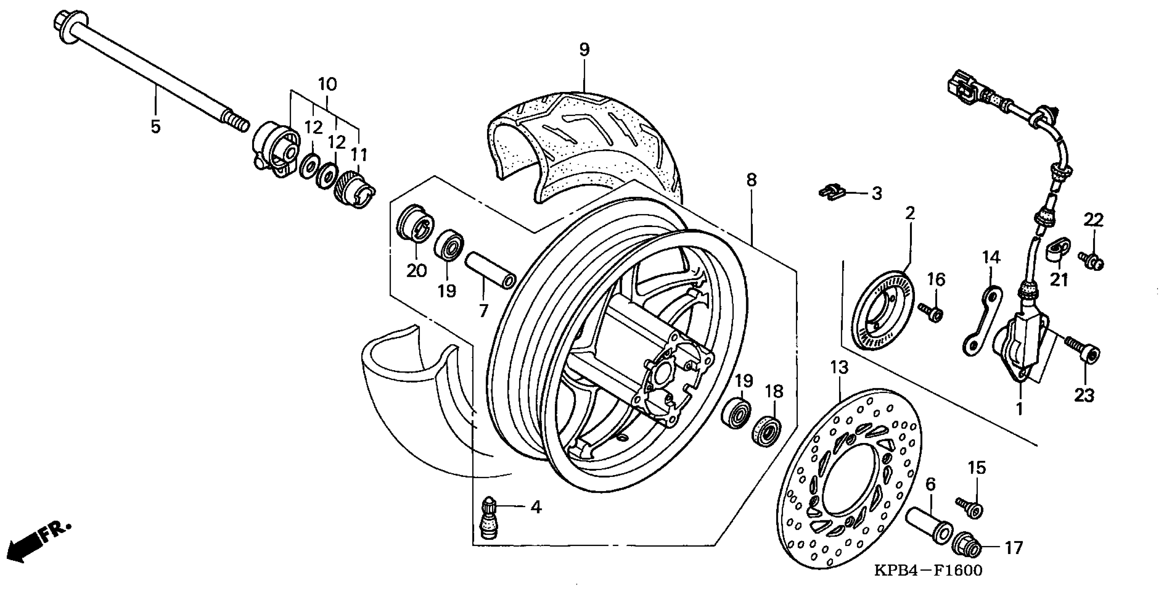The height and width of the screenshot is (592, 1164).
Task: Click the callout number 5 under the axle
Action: tap(156, 127)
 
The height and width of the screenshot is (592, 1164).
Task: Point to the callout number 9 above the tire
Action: tap(584, 50)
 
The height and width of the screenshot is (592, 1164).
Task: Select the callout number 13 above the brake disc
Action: tap(839, 368)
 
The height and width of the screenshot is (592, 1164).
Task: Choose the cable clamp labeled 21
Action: tap(1058, 250)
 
